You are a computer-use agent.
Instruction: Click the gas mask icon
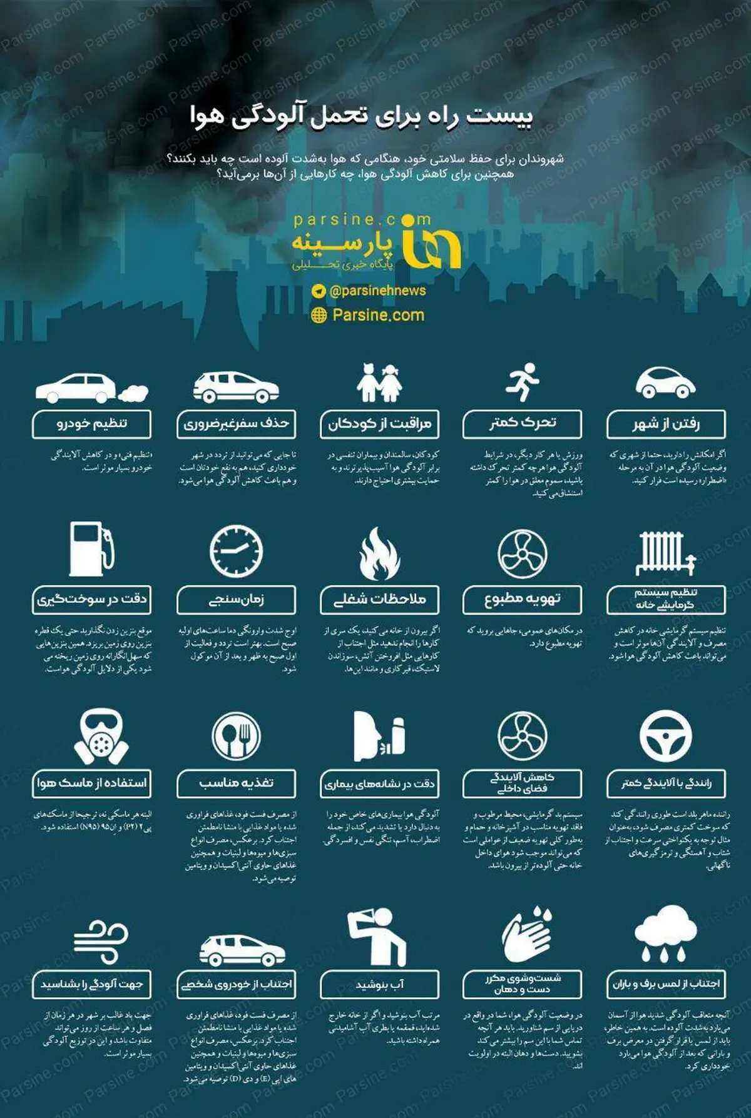(x=101, y=737)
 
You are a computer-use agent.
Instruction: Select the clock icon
(x=236, y=550)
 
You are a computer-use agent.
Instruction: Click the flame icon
(x=379, y=553)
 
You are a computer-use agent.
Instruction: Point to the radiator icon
(x=665, y=553)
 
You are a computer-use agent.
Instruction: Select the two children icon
(x=379, y=383)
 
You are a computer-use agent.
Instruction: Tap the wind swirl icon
(x=100, y=940)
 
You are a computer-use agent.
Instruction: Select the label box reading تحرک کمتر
(x=522, y=423)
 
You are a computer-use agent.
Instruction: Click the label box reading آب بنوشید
(x=379, y=984)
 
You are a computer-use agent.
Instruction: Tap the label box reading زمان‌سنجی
(x=236, y=600)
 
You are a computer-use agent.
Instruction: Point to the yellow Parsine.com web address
(x=378, y=315)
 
